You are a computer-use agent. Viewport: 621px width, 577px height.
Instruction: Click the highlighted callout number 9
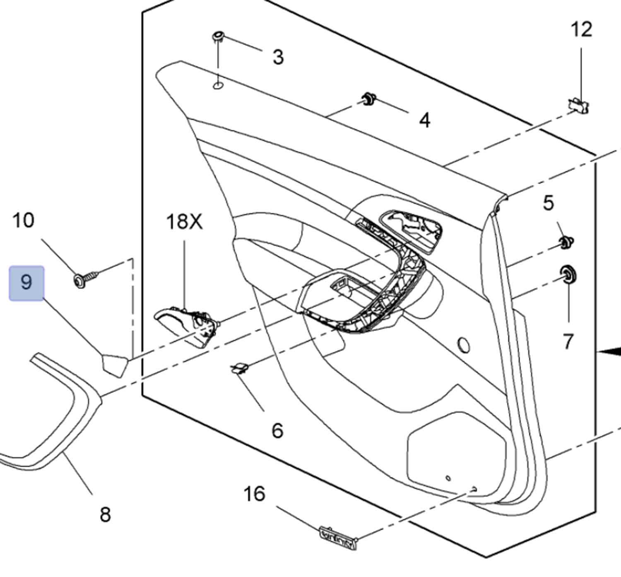(x=26, y=283)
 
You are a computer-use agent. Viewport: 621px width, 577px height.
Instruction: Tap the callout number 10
(x=23, y=221)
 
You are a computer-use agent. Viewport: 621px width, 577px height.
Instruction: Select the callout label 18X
(x=184, y=222)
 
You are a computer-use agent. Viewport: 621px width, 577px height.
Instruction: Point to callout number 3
(x=278, y=57)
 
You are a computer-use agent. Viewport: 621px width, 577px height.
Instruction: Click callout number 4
(x=425, y=120)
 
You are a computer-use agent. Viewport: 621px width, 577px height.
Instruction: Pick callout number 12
(x=581, y=30)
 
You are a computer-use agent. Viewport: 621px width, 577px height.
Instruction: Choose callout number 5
(x=548, y=203)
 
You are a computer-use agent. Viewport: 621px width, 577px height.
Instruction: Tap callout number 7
(x=568, y=342)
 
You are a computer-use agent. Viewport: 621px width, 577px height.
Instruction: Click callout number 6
(x=277, y=431)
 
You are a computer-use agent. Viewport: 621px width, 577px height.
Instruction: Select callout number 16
(x=254, y=494)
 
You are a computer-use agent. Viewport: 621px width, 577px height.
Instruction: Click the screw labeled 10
(x=85, y=277)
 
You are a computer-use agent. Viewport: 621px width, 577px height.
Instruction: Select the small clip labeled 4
(x=368, y=99)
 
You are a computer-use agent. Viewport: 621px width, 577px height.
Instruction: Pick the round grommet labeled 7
(x=568, y=274)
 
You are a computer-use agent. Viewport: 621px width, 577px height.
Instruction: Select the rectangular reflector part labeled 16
(x=338, y=538)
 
